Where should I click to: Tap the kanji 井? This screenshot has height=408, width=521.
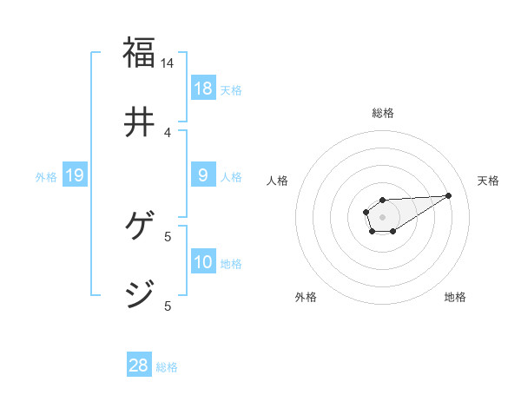coord(139,122)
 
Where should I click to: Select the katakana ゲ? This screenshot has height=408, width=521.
coord(139,227)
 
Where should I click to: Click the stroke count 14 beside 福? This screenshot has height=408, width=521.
coord(168,63)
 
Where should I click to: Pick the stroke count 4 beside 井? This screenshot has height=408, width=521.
coord(168,132)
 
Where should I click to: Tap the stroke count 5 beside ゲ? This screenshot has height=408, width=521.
coord(168,236)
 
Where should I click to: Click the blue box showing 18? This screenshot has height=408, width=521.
coord(203,88)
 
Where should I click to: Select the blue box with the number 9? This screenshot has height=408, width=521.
coord(203,175)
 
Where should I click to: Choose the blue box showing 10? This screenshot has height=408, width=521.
coord(203,261)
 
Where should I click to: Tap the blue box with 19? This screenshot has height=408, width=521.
coord(75,175)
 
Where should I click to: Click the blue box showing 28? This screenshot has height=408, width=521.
coord(139,365)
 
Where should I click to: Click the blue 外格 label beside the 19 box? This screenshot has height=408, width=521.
coord(46,177)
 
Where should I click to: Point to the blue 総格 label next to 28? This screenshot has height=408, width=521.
coord(167,367)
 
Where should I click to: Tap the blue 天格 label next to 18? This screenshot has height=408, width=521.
coord(231,89)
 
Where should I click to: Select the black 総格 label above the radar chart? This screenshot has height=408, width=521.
coord(382,113)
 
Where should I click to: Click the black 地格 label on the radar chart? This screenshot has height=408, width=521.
coord(455,297)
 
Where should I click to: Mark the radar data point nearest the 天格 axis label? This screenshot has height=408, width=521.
coord(449,194)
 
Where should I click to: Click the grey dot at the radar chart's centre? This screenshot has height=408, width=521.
coord(382,216)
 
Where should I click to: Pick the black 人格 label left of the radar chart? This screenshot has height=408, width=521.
coord(278,181)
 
